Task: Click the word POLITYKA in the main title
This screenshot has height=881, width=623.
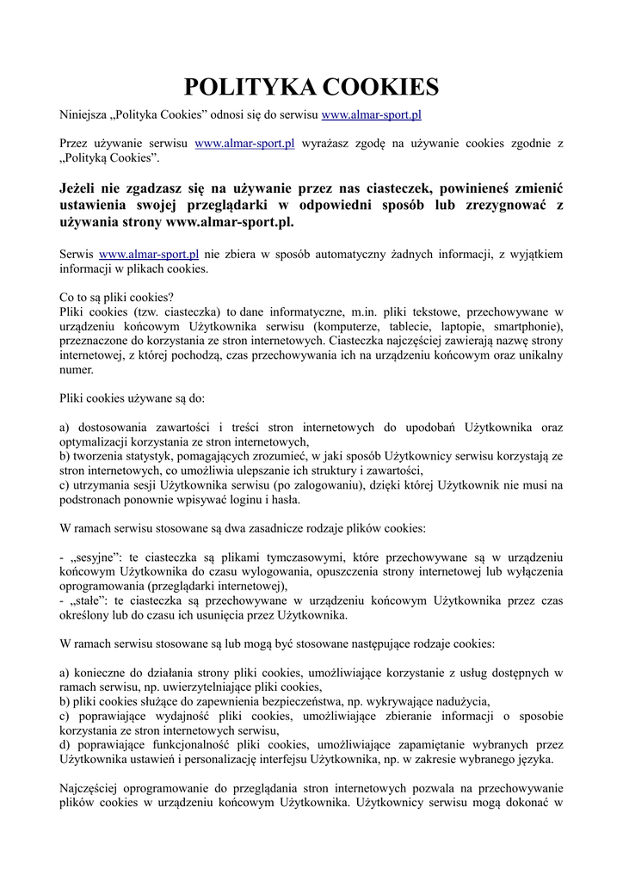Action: (249, 87)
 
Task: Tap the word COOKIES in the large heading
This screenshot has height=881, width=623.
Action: (379, 87)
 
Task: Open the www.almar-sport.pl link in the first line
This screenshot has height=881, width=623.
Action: (371, 114)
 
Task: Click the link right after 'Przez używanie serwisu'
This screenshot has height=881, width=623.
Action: (245, 144)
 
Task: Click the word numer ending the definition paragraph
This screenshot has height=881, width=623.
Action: (77, 370)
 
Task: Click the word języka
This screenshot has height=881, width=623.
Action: (533, 760)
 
